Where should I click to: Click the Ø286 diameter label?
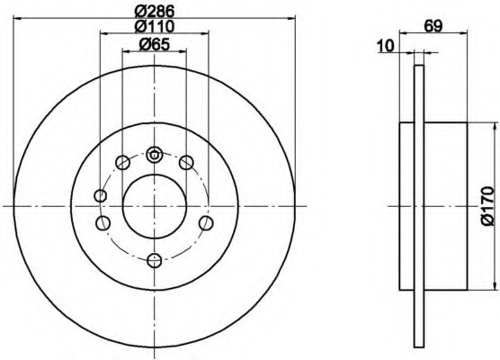[x=155, y=12]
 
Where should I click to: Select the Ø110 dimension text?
[x=155, y=26]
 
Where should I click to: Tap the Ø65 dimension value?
[x=155, y=44]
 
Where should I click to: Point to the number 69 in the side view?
[x=433, y=26]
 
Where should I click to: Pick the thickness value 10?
[x=386, y=46]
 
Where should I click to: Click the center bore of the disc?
[x=155, y=206]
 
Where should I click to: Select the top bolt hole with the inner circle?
[x=155, y=155]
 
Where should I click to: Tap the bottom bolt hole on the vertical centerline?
[x=155, y=260]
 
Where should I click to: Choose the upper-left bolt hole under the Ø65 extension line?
[x=123, y=163]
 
